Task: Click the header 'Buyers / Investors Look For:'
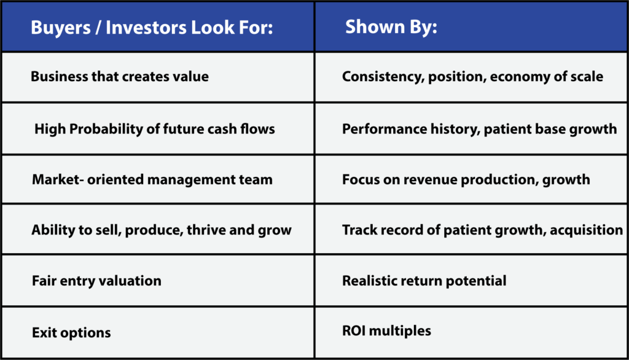tap(152, 27)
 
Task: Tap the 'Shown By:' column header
tap(391, 26)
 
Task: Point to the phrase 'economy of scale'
tap(546, 76)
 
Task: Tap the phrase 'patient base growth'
tap(550, 129)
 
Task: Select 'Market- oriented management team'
tap(152, 179)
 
